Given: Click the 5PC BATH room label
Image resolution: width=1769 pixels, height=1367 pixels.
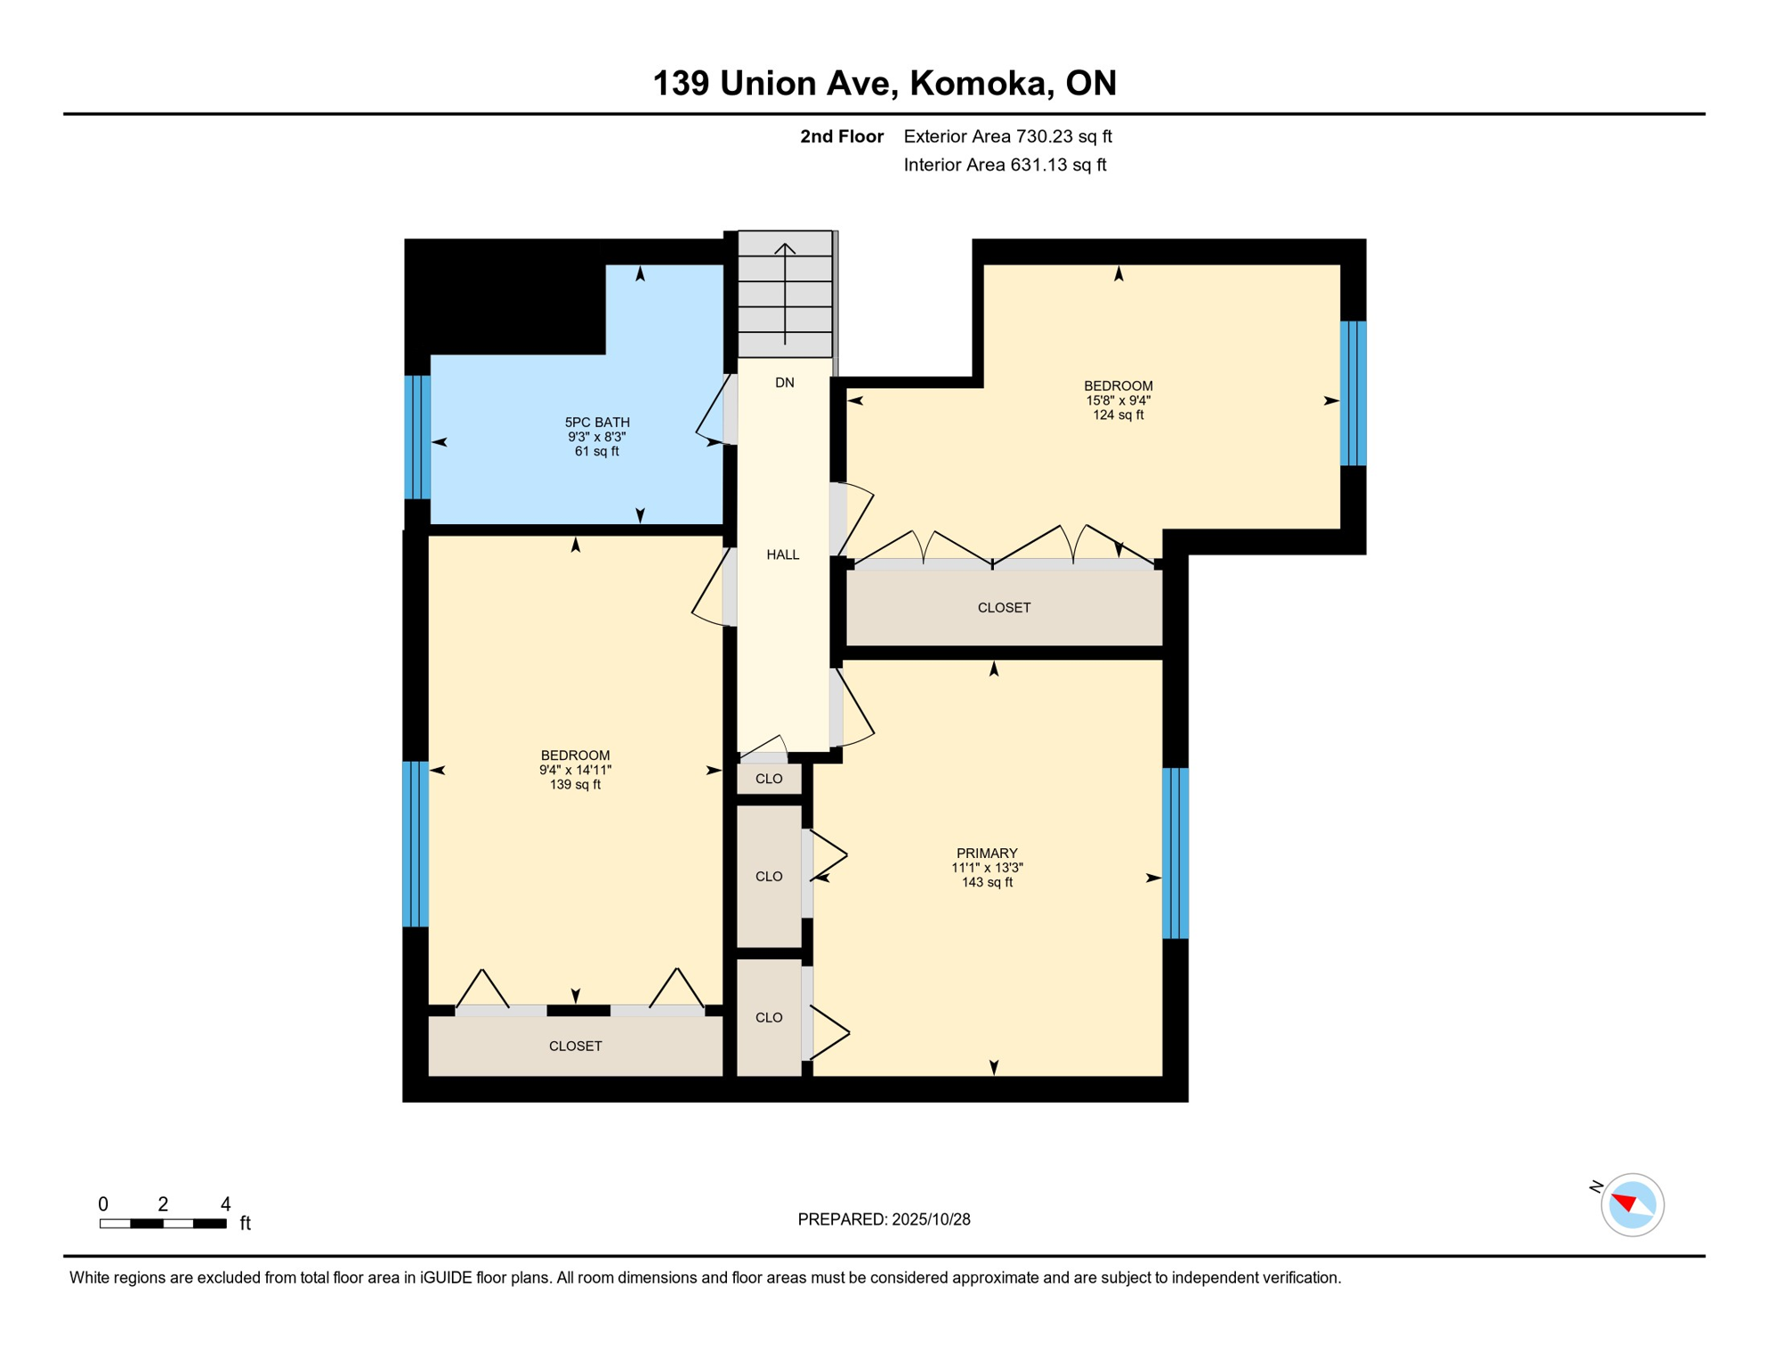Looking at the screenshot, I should (x=597, y=422).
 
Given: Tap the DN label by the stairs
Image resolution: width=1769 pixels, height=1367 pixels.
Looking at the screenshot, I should (x=784, y=383).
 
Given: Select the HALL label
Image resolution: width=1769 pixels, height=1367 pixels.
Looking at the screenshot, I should (x=783, y=554).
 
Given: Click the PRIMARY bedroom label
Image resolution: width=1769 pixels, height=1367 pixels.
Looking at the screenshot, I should (x=987, y=853).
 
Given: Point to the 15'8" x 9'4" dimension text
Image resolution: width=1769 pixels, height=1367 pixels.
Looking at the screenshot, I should (x=1118, y=400).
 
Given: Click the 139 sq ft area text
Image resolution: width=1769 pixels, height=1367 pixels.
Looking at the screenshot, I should (x=575, y=785).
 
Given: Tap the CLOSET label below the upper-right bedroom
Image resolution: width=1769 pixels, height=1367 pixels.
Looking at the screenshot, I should (x=1004, y=608).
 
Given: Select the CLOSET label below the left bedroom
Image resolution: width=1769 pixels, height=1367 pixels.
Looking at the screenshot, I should (x=575, y=1046).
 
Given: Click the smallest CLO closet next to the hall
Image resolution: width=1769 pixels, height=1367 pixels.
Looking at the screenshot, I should (x=769, y=779).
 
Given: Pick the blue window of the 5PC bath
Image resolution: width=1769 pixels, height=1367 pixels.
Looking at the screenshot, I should (x=417, y=437).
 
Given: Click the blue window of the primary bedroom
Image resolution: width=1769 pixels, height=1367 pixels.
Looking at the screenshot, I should (x=1175, y=853).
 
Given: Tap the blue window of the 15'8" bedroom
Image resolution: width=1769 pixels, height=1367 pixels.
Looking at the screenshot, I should (x=1353, y=393).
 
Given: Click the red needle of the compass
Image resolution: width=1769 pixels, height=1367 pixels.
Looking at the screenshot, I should (x=1624, y=1202).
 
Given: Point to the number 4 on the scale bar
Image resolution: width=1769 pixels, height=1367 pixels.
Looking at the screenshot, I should (x=226, y=1204).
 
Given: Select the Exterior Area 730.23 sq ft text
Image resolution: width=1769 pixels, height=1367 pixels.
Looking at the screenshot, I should (x=1007, y=136).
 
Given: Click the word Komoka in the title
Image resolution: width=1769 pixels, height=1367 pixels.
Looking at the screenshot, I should (x=976, y=83).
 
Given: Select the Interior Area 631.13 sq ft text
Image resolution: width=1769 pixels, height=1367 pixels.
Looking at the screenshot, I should (x=1005, y=165).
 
